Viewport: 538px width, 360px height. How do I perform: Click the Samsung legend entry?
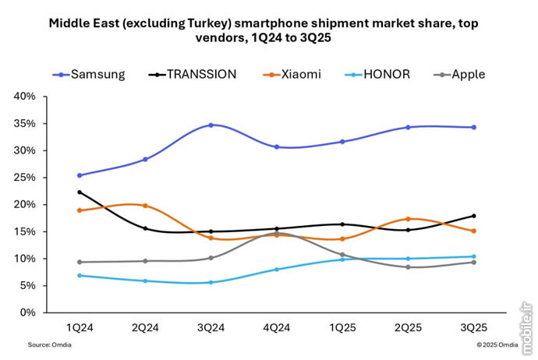94,74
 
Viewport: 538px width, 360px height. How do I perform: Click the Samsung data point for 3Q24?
211,125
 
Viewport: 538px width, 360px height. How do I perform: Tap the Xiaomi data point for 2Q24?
146,206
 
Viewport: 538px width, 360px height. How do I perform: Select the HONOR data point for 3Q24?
211,282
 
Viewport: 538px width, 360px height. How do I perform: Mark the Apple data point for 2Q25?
408,266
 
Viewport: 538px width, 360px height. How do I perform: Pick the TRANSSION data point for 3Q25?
473,216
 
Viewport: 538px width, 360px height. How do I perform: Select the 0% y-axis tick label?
28,312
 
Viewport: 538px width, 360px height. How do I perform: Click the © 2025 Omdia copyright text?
495,344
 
